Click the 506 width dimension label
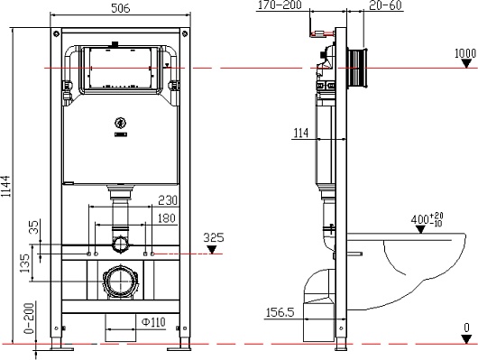point(121,8)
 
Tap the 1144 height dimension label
point(5,186)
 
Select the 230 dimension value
point(168,200)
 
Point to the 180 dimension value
point(167,218)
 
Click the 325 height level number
point(214,237)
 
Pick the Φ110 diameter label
point(153,322)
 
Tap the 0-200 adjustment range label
point(29,318)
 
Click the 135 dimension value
point(24,263)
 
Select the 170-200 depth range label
point(280,5)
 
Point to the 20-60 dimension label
point(386,5)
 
